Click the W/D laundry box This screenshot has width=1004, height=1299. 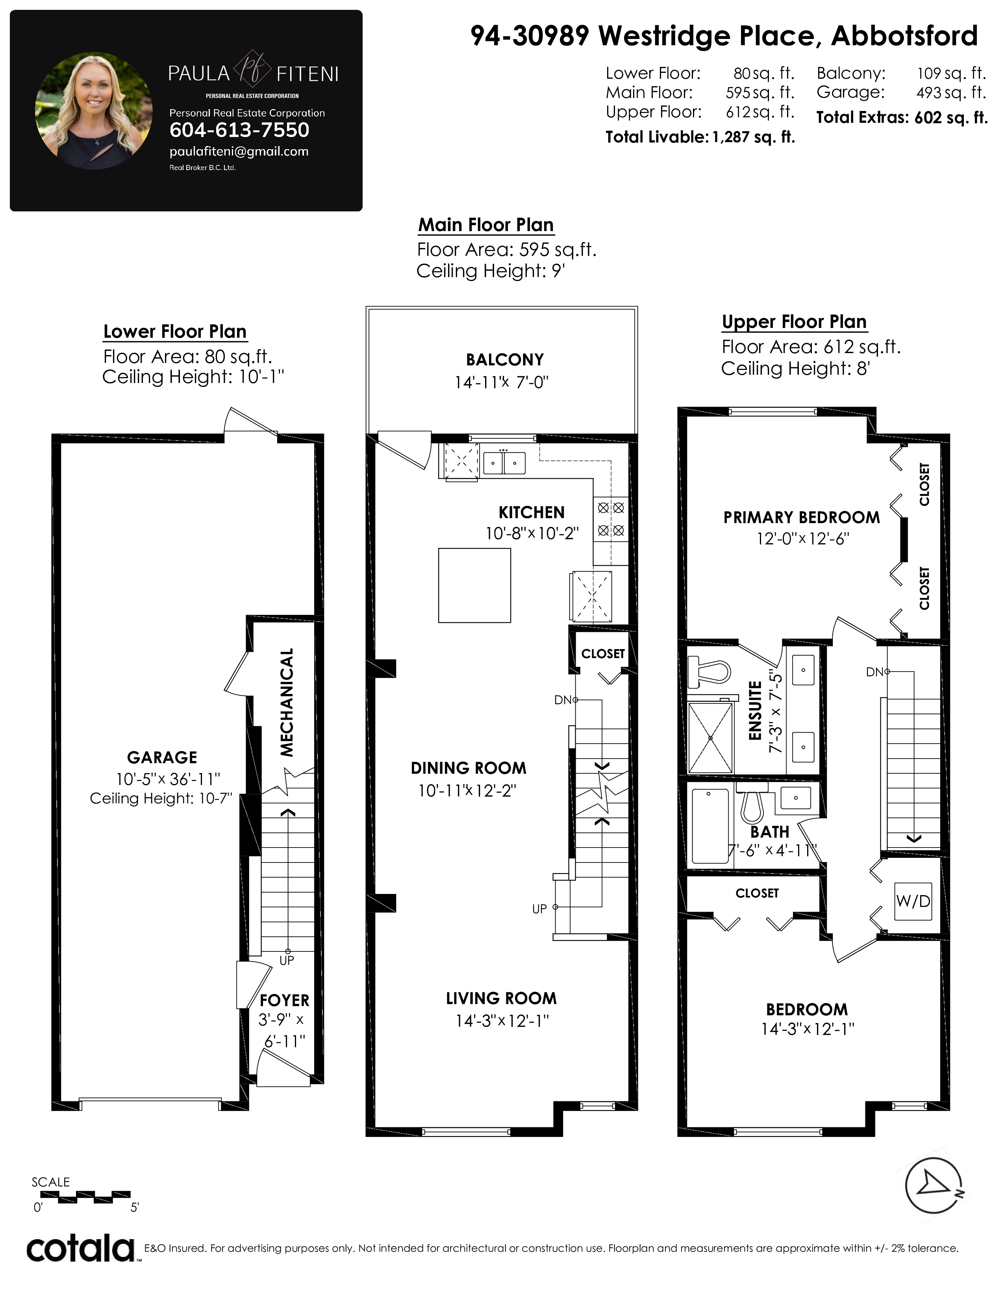pyautogui.click(x=913, y=901)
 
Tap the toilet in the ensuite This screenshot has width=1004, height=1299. pyautogui.click(x=709, y=672)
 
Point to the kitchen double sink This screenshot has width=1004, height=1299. pyautogui.click(x=504, y=462)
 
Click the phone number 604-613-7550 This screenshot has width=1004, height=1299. pyautogui.click(x=239, y=130)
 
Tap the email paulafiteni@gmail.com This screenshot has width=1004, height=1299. pyautogui.click(x=239, y=152)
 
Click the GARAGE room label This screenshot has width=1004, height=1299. pyautogui.click(x=162, y=757)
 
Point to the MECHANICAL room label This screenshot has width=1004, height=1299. pyautogui.click(x=287, y=702)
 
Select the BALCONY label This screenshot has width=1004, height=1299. pyautogui.click(x=504, y=360)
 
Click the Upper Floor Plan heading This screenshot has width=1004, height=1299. pyautogui.click(x=794, y=322)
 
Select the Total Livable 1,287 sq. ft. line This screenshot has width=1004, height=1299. pyautogui.click(x=700, y=137)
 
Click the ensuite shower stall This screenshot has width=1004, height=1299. pyautogui.click(x=710, y=738)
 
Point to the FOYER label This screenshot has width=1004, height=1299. pyautogui.click(x=284, y=1000)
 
